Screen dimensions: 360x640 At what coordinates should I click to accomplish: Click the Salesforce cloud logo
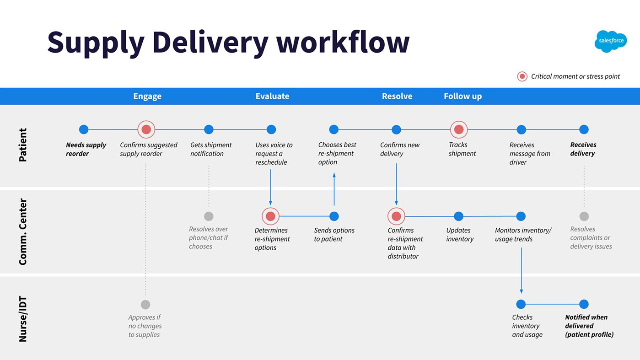611,41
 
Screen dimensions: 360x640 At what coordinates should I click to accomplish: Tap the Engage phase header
147,96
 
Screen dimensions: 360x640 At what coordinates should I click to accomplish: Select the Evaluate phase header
272,96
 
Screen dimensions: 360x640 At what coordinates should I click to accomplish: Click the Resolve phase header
397,96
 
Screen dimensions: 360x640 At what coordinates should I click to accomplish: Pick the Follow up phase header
463,96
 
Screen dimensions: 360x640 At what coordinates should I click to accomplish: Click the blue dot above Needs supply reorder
84,129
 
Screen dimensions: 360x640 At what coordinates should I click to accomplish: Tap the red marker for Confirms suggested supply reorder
146,129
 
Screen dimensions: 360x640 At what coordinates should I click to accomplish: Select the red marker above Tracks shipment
459,129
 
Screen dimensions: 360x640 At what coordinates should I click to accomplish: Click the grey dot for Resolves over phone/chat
209,216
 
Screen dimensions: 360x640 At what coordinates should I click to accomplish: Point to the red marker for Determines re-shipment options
270,216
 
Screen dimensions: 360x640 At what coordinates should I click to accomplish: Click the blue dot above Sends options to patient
334,216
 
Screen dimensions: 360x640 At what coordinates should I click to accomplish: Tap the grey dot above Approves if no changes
145,304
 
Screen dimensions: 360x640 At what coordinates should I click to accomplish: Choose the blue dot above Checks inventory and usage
521,304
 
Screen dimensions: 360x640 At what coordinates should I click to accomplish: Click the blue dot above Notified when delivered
584,304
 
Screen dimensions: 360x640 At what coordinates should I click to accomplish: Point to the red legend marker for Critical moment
522,76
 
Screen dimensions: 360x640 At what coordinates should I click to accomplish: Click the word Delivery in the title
210,42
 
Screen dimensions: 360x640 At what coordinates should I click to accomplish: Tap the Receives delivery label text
583,149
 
